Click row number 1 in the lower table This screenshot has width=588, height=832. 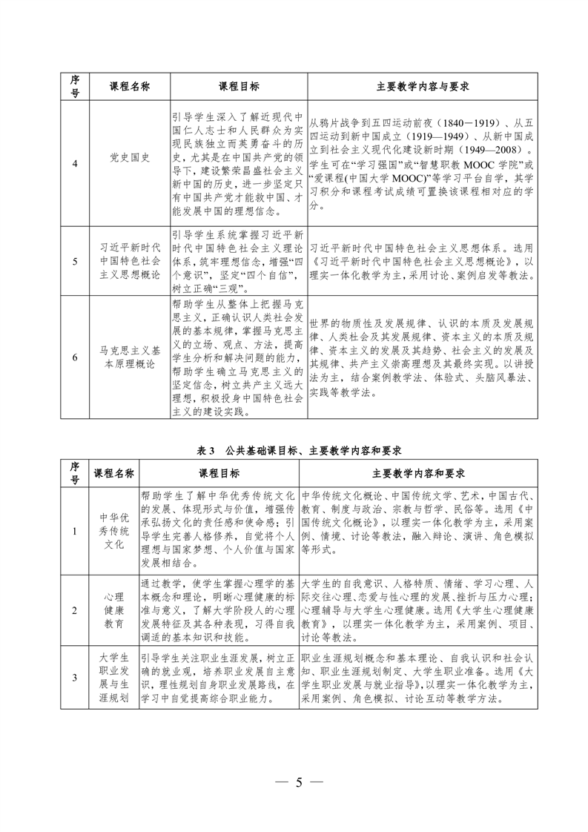coord(74,530)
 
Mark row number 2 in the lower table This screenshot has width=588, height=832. coord(74,609)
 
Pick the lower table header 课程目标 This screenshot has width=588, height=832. coord(218,472)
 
